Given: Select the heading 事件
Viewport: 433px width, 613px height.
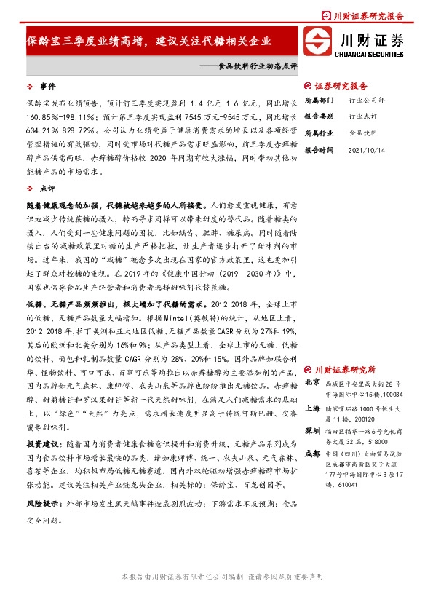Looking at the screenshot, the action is pyautogui.click(x=47, y=85).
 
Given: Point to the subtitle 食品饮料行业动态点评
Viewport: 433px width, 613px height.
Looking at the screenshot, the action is pyautogui.click(x=247, y=66).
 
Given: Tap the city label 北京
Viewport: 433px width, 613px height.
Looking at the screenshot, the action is pyautogui.click(x=312, y=381).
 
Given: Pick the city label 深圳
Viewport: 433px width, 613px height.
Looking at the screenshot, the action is pyautogui.click(x=312, y=431).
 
